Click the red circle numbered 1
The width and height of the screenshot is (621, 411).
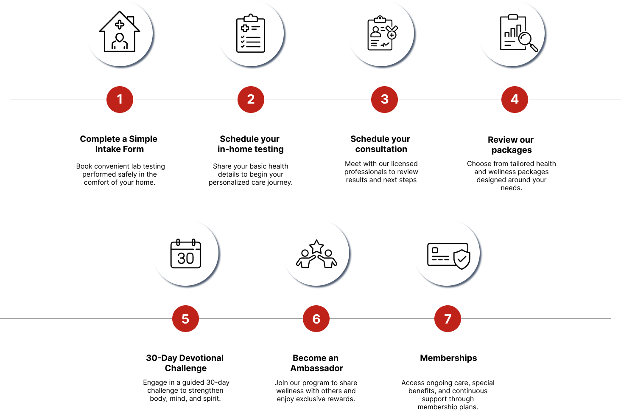[120, 99]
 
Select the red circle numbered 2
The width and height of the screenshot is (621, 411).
[251, 99]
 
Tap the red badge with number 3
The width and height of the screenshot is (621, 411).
[384, 99]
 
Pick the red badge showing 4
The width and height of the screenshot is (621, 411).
[515, 99]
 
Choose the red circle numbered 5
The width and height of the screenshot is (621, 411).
[185, 319]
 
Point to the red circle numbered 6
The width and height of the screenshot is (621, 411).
[316, 319]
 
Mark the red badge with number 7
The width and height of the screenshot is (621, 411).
[448, 319]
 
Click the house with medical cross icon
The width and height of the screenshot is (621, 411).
[120, 33]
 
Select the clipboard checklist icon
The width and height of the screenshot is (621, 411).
[251, 34]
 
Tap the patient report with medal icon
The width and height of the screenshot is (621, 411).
[381, 34]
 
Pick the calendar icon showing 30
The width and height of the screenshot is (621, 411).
[186, 254]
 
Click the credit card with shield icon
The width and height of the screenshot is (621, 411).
[448, 255]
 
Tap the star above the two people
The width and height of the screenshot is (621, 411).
[316, 246]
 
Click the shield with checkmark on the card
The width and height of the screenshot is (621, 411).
[462, 259]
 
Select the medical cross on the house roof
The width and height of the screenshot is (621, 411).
[120, 25]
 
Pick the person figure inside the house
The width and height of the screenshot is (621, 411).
[120, 42]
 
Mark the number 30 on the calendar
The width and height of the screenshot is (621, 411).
[186, 258]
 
